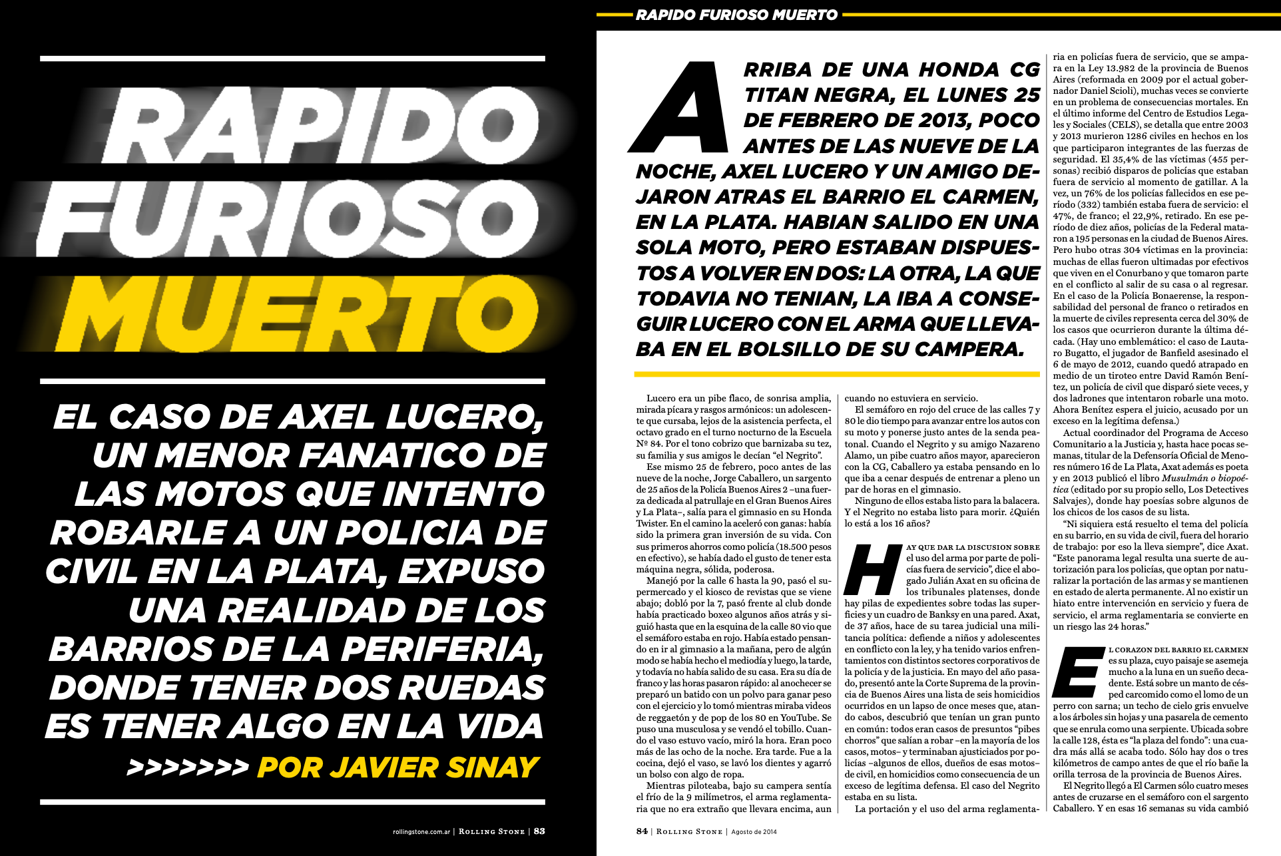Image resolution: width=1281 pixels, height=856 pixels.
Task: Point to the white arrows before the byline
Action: [x=188, y=767]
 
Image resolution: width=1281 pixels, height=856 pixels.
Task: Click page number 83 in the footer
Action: [x=539, y=831]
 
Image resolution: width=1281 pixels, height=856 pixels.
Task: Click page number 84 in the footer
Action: [x=642, y=831]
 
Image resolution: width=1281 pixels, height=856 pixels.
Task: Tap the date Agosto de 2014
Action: [x=754, y=831]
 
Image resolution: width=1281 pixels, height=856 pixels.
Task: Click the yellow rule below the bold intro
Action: [x=837, y=374]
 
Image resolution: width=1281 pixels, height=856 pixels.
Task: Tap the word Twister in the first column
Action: [x=652, y=523]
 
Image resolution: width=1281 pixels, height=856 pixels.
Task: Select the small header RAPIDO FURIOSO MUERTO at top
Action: [x=736, y=15]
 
